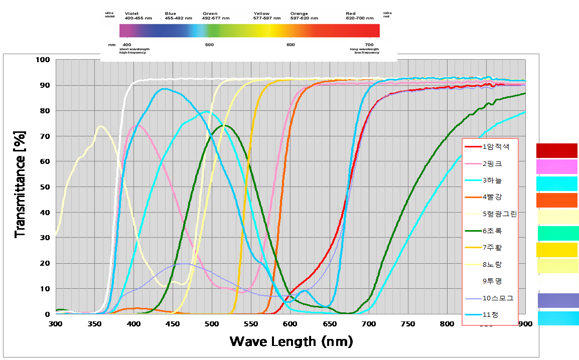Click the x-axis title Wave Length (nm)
point(291,341)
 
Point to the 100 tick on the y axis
point(44,60)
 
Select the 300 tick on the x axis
point(56,324)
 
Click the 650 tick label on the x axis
point(330,324)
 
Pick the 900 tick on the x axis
point(525,324)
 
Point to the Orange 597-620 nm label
point(304,16)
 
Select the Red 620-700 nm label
point(360,16)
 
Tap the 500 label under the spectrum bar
point(210,45)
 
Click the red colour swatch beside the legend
point(557,150)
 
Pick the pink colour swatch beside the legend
point(557,166)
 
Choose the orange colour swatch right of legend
point(557,200)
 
